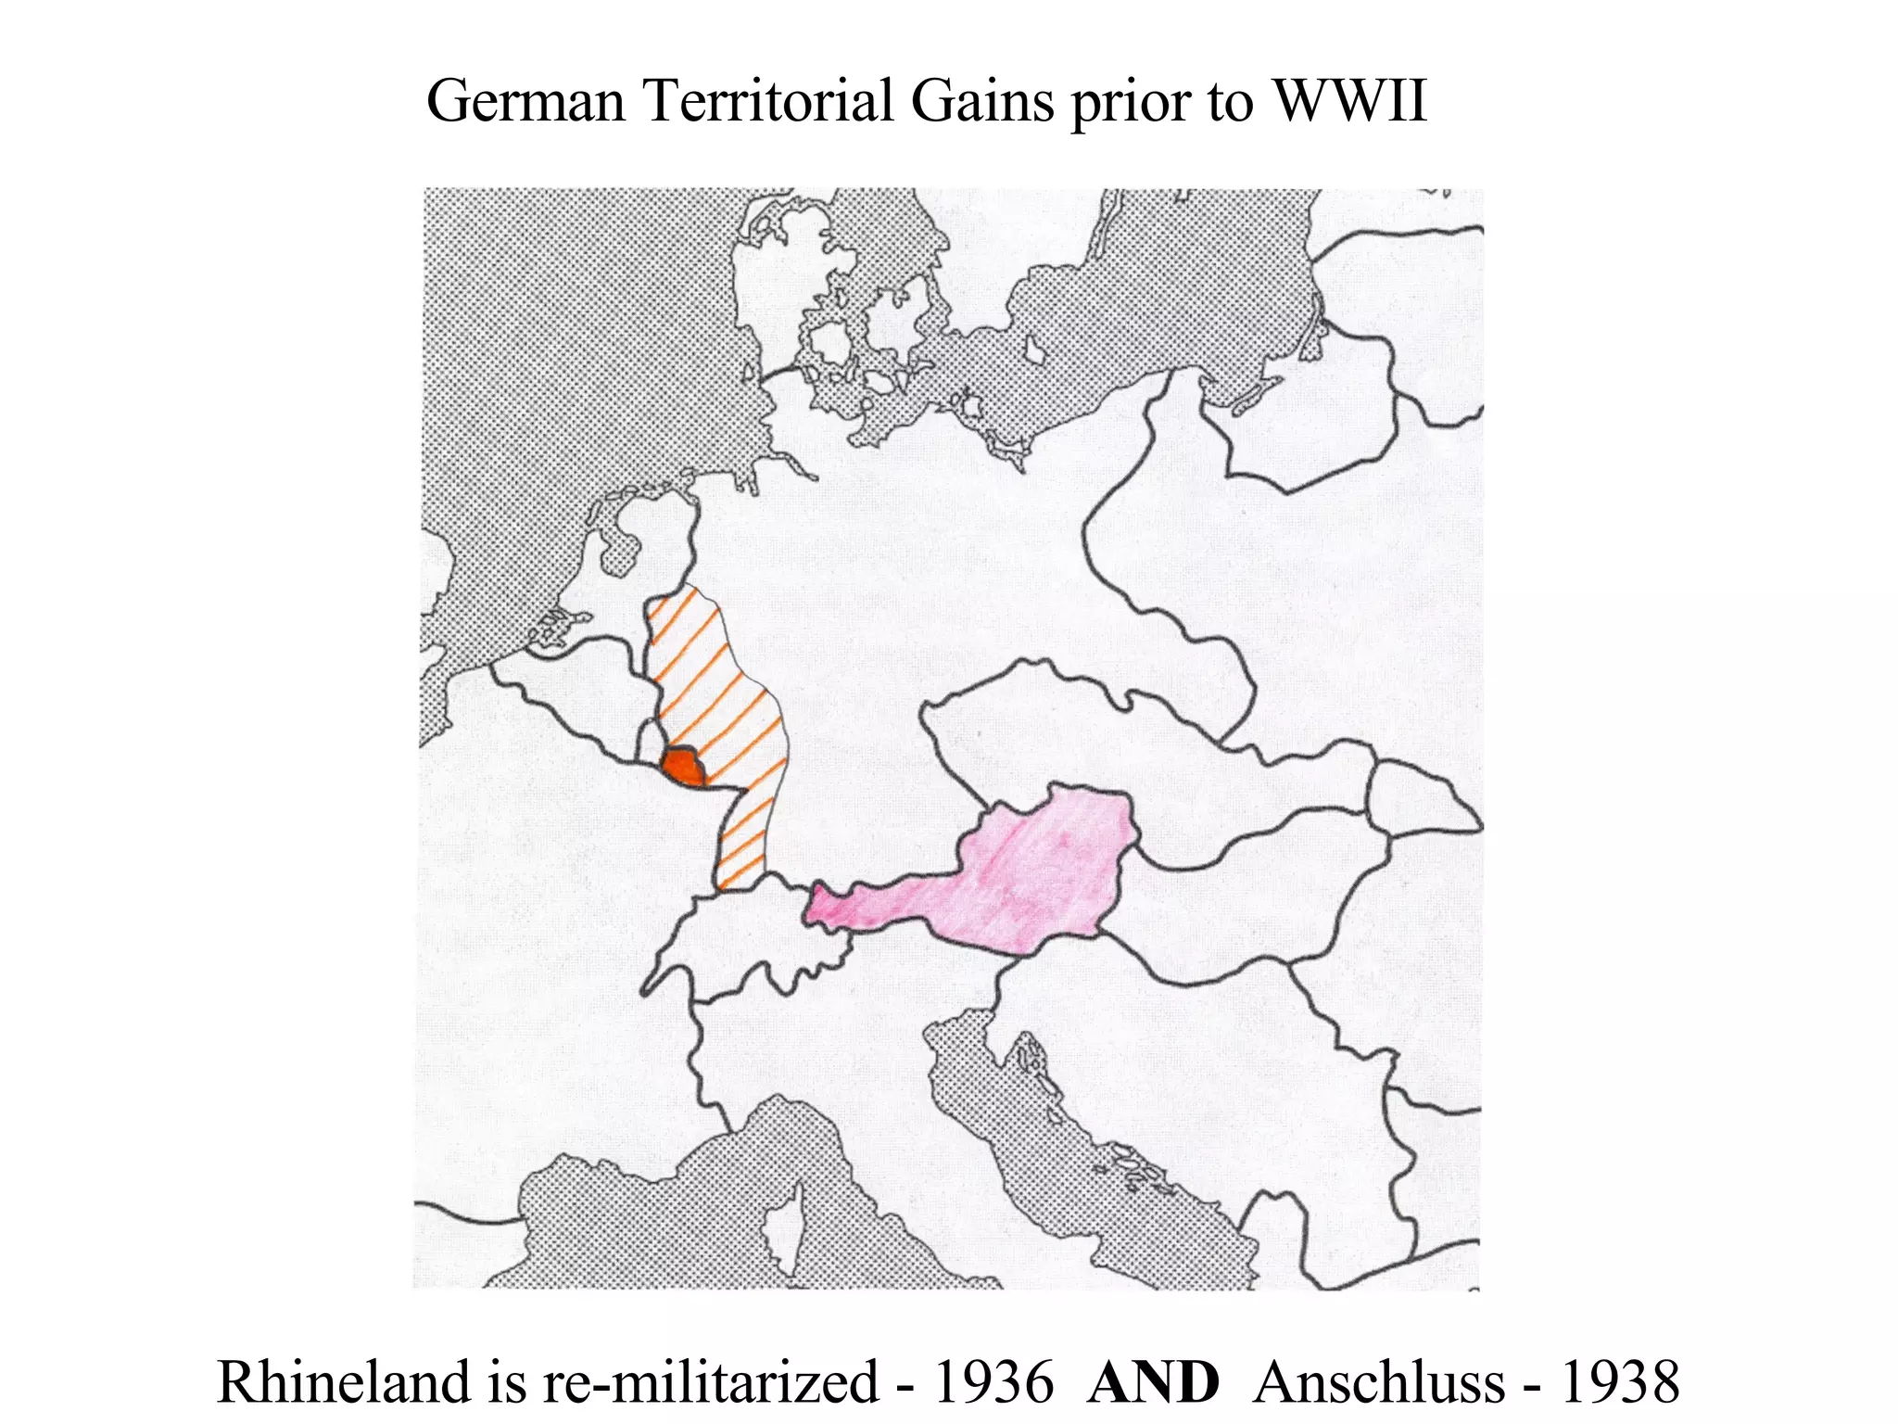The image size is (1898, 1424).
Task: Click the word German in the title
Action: coord(525,102)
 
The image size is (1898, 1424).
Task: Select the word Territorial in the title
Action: coord(768,102)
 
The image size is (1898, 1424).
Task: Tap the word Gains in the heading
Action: coord(982,102)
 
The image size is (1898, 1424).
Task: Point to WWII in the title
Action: coord(1350,102)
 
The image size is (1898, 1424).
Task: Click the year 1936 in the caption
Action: coord(992,1382)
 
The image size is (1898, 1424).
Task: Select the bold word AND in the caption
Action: coord(1154,1382)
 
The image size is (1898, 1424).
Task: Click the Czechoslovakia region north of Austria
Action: coord(1112,742)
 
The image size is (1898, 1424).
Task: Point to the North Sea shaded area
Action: coord(575,371)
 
